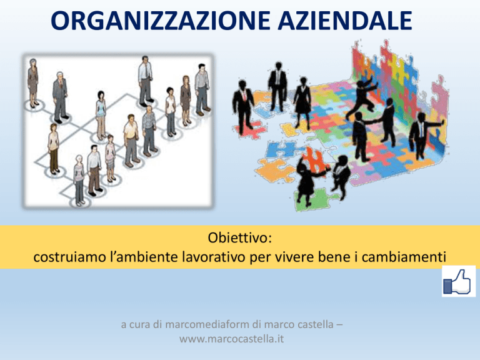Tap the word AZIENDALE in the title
(345, 21)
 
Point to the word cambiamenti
(404, 256)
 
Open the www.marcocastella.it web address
(231, 339)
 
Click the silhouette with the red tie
(243, 106)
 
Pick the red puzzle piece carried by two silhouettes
(314, 160)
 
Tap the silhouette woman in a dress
(302, 102)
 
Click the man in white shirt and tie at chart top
(145, 81)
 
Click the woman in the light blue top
(101, 115)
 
